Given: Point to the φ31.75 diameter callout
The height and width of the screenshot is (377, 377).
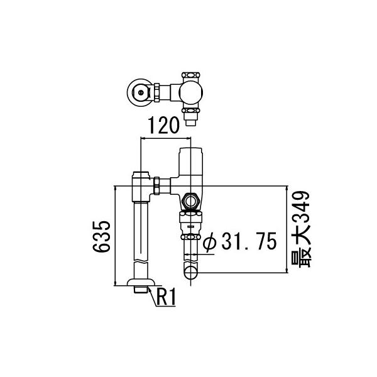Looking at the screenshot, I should tap(241, 241).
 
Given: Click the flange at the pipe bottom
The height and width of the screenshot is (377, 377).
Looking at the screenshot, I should tap(141, 287).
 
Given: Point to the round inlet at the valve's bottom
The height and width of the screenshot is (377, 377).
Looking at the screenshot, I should tap(190, 273).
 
